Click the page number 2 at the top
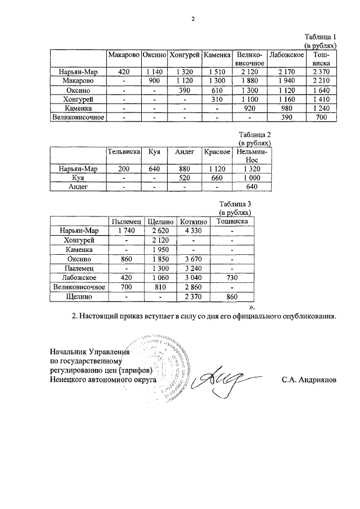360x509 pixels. [x=193, y=18]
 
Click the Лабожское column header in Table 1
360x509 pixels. [x=287, y=55]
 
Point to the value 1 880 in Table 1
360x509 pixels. [x=250, y=81]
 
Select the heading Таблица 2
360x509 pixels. [x=255, y=135]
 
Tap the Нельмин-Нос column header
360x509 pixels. [x=253, y=156]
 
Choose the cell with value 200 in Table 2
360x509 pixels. [x=123, y=169]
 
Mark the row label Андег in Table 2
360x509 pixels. [x=78, y=187]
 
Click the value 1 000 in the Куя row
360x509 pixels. [x=253, y=178]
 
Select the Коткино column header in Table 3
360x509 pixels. [x=193, y=221]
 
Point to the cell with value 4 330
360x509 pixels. [x=193, y=230]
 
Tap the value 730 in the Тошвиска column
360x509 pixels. [x=232, y=277]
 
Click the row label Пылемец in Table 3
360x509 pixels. [x=78, y=268]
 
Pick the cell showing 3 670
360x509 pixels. [x=193, y=259]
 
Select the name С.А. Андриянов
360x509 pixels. [x=309, y=380]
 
